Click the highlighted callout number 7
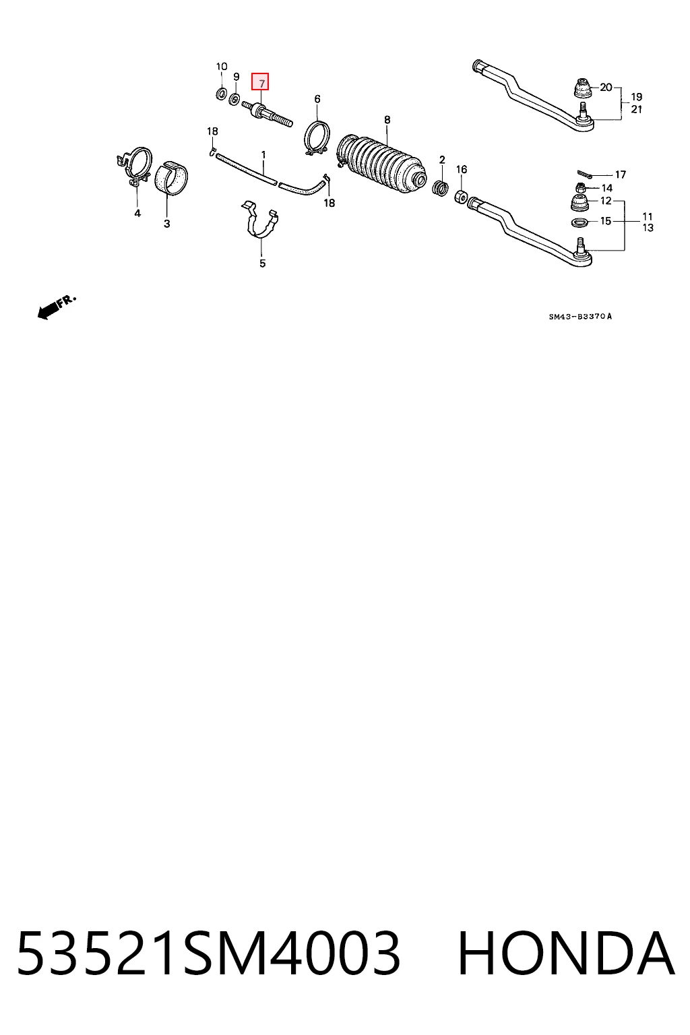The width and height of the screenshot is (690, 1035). (x=259, y=82)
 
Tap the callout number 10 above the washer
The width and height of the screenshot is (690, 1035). (x=222, y=67)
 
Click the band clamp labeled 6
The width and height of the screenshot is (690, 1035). (x=317, y=137)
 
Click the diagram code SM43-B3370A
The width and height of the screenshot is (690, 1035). (x=580, y=317)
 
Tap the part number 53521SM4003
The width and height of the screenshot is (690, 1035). (x=208, y=953)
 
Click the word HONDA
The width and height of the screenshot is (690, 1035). (x=566, y=953)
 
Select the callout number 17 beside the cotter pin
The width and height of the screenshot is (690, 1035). (x=620, y=175)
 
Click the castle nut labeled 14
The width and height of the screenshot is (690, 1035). (x=581, y=188)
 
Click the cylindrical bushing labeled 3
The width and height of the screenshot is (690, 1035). (x=171, y=178)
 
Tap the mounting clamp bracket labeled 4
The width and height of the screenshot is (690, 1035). (x=135, y=167)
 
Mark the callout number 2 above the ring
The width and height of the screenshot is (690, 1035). (x=442, y=160)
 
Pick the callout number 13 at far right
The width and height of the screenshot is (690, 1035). (x=648, y=228)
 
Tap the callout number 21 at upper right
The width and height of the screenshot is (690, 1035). (x=636, y=110)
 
